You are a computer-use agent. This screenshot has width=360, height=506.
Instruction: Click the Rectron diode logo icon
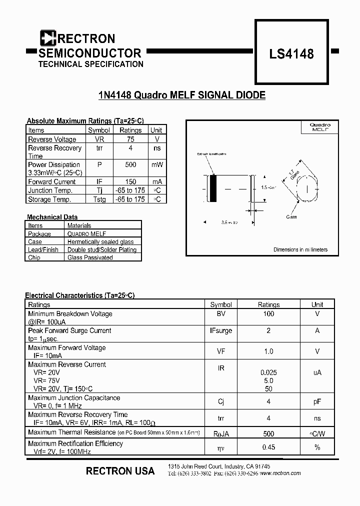(48, 38)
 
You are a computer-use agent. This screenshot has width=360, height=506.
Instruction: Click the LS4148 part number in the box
(291, 53)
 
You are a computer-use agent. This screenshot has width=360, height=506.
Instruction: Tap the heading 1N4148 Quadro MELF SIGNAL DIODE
(181, 95)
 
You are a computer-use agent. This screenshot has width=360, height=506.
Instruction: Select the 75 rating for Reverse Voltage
(131, 139)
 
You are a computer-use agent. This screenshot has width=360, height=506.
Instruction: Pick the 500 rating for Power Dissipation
(131, 164)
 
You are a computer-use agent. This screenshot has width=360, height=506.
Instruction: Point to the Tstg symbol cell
(99, 199)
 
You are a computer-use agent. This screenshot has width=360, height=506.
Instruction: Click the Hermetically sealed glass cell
(100, 241)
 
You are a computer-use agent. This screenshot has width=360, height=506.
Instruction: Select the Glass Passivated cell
(90, 257)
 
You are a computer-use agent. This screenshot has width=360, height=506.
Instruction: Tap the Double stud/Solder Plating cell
(102, 249)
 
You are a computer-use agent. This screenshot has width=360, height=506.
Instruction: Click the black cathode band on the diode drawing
(213, 188)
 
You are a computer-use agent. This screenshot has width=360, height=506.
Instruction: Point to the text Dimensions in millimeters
(300, 249)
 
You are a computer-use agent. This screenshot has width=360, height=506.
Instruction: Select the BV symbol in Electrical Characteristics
(221, 314)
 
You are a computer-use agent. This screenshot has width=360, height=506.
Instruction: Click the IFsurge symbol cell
(221, 330)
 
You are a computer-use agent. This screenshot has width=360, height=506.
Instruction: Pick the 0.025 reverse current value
(268, 372)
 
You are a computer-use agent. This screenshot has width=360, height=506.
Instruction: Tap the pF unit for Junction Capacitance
(317, 401)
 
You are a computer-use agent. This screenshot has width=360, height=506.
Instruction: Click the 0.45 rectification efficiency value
(268, 447)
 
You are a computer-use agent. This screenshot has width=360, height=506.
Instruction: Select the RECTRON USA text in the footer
(120, 471)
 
